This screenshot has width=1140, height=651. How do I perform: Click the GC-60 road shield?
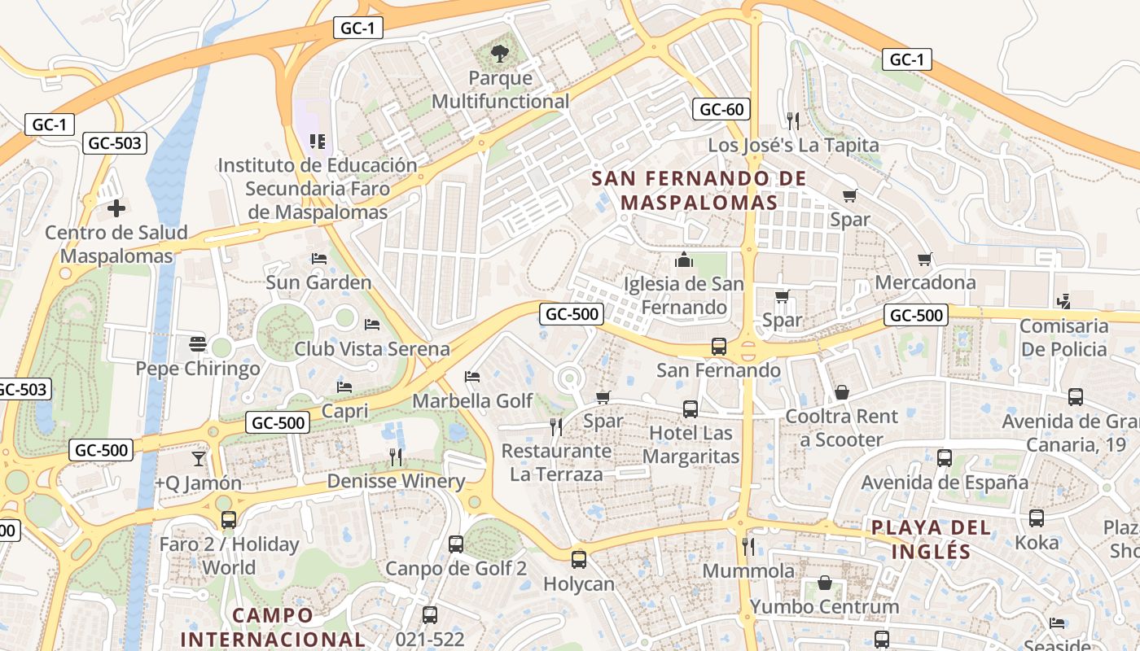coord(721,109)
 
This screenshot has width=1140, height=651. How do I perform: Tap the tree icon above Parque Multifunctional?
coord(500,55)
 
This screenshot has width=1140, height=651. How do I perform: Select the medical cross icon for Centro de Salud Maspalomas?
coord(116,208)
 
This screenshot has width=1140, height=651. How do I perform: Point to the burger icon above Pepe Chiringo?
coord(197,344)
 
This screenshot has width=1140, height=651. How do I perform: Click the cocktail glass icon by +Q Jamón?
coord(199,459)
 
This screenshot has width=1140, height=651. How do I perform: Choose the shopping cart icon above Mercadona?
coord(925,259)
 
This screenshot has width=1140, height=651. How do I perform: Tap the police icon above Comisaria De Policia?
coord(1063,301)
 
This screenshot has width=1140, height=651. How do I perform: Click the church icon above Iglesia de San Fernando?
coord(683,260)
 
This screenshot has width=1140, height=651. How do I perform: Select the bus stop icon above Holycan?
coord(579,559)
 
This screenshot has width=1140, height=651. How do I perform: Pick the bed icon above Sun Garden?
coord(319,259)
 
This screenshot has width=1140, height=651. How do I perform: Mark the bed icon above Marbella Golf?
coord(471,376)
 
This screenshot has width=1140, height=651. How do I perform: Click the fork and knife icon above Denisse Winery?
coord(396,457)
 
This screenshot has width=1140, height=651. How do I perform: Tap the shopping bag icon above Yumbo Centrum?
coord(825,583)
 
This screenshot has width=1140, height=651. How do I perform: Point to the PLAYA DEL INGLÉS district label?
coord(932,539)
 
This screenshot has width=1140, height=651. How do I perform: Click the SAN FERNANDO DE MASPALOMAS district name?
coord(699,190)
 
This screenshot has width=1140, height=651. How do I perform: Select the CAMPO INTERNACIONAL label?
coord(273,627)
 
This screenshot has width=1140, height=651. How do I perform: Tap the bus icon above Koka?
coord(1037,518)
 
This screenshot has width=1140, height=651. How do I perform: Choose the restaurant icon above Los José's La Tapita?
coord(793,121)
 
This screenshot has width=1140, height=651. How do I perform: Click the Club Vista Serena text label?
coord(372,349)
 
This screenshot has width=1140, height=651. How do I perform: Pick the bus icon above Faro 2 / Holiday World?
coord(229,519)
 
